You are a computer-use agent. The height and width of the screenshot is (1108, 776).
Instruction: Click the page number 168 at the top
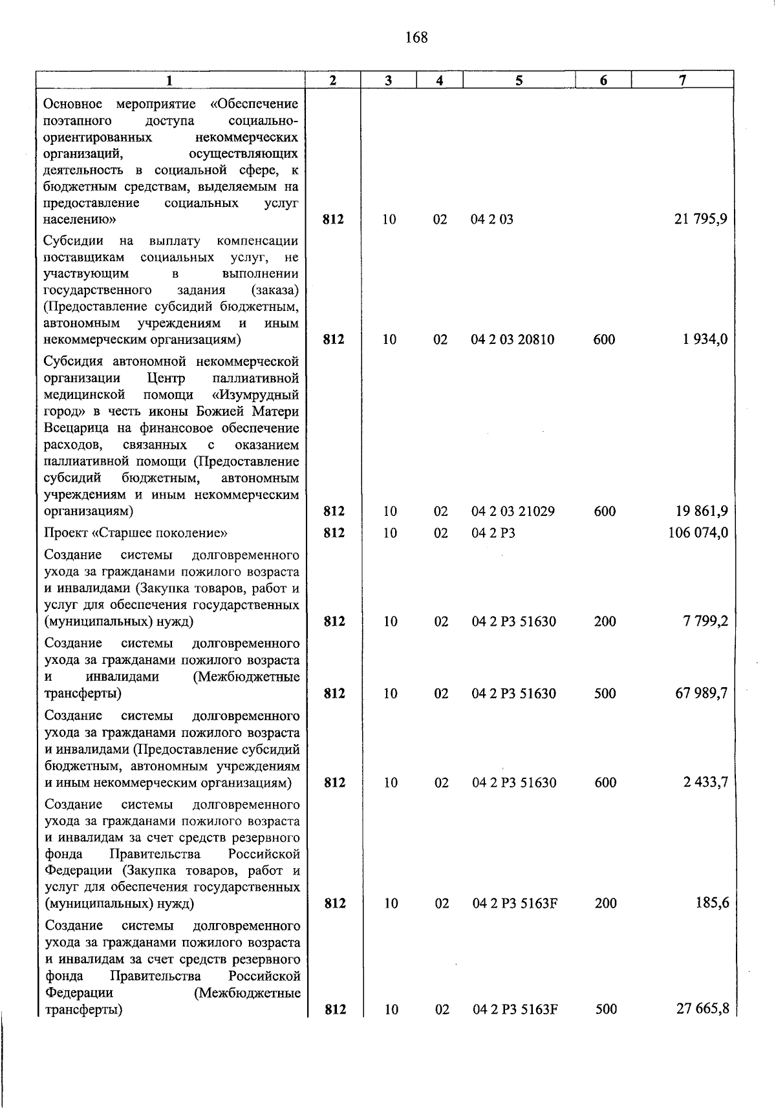click(416, 37)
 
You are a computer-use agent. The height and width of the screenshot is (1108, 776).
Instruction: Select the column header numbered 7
click(682, 80)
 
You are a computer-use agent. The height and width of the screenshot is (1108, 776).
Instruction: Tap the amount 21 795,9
click(701, 219)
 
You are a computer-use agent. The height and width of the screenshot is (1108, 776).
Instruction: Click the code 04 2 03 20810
click(512, 339)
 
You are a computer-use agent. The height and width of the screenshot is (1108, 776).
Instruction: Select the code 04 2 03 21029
click(513, 511)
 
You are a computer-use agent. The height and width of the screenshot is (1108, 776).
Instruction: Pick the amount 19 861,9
click(701, 511)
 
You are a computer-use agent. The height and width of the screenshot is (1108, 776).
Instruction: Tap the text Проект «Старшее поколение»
click(136, 533)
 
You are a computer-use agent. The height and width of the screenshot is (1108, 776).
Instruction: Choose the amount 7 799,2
click(705, 621)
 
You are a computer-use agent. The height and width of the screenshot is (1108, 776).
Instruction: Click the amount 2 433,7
click(706, 782)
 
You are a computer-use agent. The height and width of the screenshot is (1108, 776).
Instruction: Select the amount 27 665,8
click(703, 1009)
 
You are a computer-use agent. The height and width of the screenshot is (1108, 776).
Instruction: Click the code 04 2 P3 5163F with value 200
click(515, 903)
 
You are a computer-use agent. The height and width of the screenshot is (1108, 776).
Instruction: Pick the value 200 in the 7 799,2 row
click(605, 621)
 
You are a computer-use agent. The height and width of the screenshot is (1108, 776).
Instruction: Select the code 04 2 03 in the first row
click(492, 219)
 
